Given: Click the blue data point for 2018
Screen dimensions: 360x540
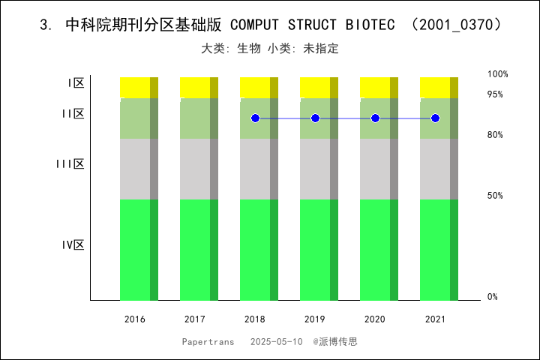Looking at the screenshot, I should [x=255, y=118].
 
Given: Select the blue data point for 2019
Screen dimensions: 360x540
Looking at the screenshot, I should [x=315, y=118].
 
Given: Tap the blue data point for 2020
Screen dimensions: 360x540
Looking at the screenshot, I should [x=375, y=118].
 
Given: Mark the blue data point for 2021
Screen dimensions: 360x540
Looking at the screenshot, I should [x=435, y=118].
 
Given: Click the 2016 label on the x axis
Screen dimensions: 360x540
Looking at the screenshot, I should [x=135, y=319].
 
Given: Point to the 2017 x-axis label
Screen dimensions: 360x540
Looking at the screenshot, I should [x=195, y=319].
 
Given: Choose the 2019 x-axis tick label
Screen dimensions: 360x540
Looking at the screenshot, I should [x=315, y=319].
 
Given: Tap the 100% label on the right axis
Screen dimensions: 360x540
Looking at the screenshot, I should [x=498, y=74].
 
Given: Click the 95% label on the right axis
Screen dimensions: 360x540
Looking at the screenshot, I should [x=495, y=94].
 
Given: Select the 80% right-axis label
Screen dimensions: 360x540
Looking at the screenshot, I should [x=495, y=135].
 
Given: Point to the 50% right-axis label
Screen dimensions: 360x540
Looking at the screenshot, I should [x=495, y=196].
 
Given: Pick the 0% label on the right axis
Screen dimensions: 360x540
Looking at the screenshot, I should [x=493, y=297].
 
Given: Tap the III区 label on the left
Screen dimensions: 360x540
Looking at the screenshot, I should [x=70, y=163].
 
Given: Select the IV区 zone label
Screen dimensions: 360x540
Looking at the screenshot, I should [x=73, y=244].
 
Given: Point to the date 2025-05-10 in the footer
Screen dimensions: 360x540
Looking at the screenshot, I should [x=277, y=341].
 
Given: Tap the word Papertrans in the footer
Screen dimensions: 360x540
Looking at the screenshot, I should [x=208, y=341].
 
